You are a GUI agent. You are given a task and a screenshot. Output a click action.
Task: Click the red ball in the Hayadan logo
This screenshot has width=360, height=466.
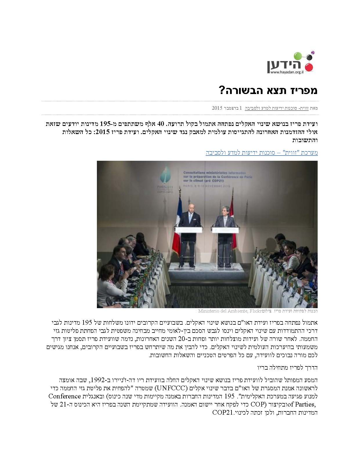pos(309,68)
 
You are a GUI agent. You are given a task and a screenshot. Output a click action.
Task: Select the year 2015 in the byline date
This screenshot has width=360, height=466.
pos(217,108)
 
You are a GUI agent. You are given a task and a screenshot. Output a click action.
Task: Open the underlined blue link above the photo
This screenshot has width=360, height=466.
pos(262,153)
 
